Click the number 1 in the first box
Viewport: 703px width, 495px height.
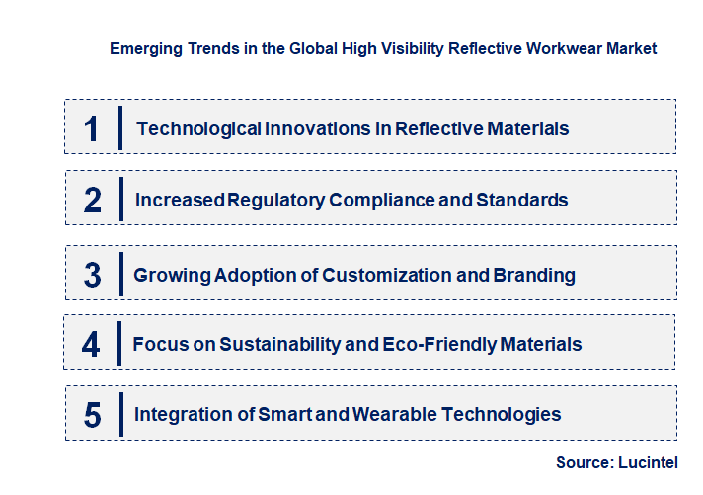pos(92,128)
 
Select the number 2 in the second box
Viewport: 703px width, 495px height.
pos(93,200)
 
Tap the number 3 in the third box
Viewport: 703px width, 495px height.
pos(93,275)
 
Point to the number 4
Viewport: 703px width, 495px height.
pos(92,345)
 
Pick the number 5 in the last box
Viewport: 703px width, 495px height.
pos(93,415)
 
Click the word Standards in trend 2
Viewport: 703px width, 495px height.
pos(522,200)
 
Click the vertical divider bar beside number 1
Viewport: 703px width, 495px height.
pos(120,127)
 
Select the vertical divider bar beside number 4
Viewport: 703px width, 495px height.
pos(119,344)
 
